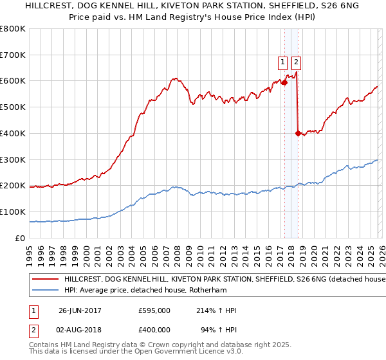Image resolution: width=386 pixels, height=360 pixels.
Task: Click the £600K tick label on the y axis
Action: point(13,81)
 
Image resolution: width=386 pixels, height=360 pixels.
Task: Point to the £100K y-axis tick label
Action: point(13,212)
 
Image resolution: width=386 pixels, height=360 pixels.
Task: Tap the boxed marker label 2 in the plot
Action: point(296,62)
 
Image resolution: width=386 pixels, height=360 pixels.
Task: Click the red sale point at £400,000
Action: point(298,134)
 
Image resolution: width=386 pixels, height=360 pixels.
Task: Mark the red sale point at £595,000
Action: point(284,82)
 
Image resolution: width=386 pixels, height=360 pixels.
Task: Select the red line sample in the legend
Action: point(45,280)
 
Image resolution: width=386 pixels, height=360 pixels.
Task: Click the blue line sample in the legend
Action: point(45,291)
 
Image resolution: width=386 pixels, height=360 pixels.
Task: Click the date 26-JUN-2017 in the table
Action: point(80,310)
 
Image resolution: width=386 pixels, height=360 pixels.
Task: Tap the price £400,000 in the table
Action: point(154,330)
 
